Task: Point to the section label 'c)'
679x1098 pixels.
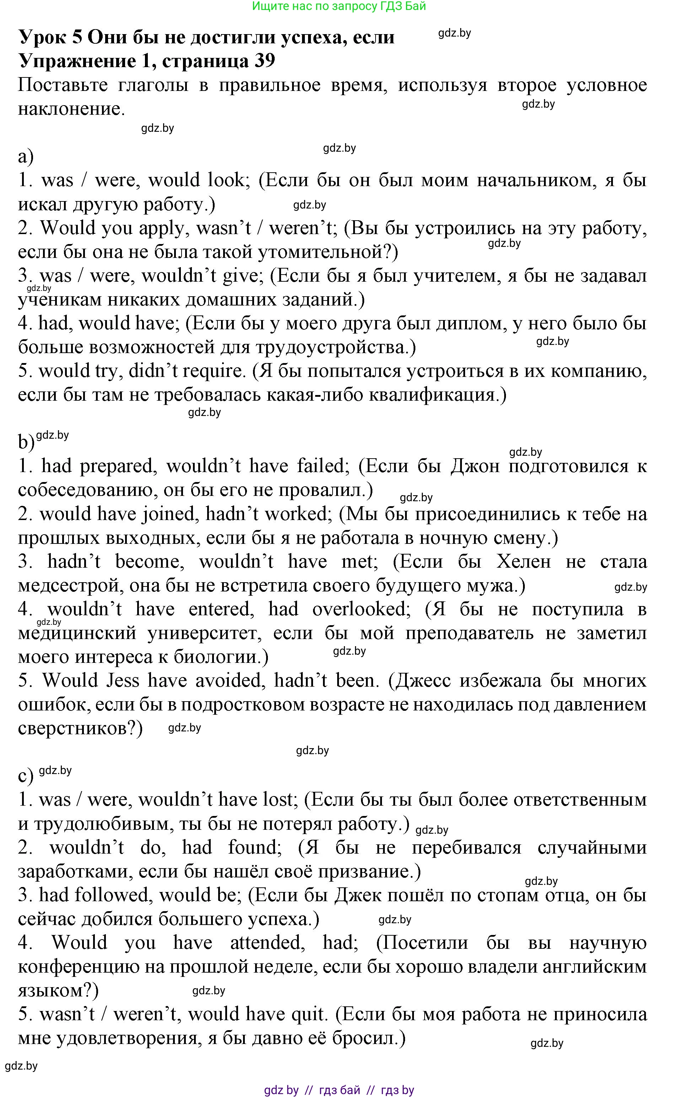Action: point(26,776)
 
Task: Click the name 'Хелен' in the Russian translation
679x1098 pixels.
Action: point(524,562)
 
